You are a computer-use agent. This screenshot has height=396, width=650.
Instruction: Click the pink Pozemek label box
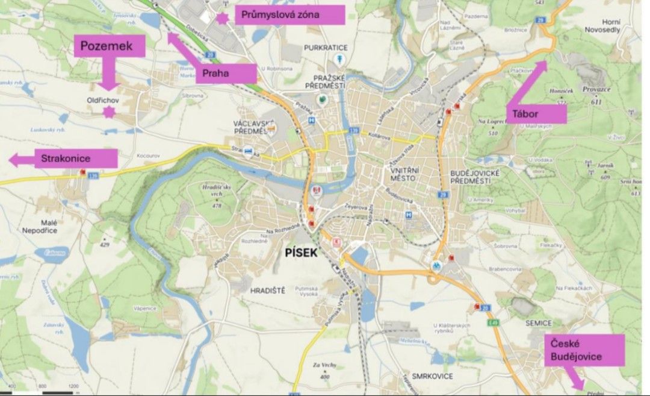click(110, 46)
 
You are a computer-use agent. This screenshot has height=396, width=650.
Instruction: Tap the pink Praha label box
click(228, 74)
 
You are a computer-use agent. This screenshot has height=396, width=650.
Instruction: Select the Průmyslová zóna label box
click(289, 14)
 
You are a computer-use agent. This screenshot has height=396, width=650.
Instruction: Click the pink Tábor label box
click(539, 113)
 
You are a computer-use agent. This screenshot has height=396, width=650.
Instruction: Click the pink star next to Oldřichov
click(109, 112)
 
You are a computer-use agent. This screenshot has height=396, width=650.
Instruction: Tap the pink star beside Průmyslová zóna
click(222, 18)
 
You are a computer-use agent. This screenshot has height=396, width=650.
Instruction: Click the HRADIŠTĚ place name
click(264, 290)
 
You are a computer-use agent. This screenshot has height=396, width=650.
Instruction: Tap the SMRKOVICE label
click(433, 376)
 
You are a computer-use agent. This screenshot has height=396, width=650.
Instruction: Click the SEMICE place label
click(539, 323)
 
